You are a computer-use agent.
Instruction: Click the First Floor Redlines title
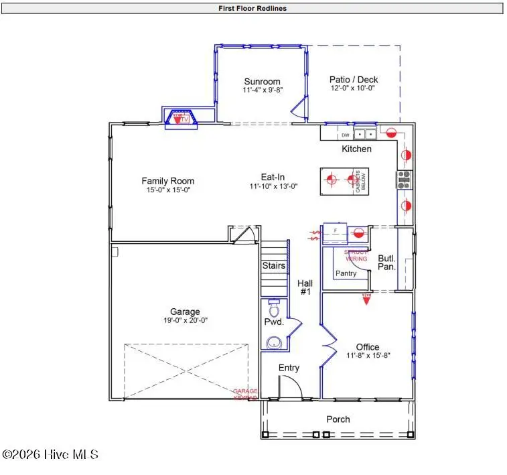click(x=253, y=9)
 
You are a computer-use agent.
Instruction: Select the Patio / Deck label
click(x=354, y=79)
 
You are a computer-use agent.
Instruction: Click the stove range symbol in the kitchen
click(x=405, y=178)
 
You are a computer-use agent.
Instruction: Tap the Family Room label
click(x=167, y=181)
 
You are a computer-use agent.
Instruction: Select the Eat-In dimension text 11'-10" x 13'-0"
click(x=273, y=187)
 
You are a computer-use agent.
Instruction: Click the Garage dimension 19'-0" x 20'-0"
click(x=185, y=320)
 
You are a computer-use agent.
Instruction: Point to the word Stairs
click(x=273, y=266)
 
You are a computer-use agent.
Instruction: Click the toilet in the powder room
click(x=273, y=310)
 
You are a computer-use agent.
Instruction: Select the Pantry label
click(x=346, y=273)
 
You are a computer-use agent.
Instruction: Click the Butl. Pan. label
click(x=387, y=262)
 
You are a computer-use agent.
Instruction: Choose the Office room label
click(x=368, y=347)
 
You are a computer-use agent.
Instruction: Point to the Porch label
click(x=338, y=419)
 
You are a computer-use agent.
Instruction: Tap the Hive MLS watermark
click(x=51, y=455)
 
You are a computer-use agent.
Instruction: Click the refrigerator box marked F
click(x=335, y=231)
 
